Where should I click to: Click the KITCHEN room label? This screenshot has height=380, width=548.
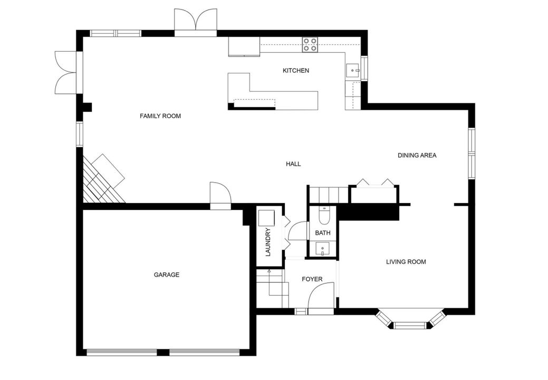295,71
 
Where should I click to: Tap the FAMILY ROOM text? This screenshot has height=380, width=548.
160,116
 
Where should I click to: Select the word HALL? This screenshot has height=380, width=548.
293,164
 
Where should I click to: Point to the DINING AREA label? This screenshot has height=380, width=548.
417,156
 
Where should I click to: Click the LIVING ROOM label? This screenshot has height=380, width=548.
406,262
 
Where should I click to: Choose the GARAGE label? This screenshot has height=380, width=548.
167,275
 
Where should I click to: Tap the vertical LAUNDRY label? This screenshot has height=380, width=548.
267,242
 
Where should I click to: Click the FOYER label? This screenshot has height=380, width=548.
312,279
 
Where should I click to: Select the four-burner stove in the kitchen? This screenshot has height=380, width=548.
310,44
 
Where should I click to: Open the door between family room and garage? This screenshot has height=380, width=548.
220,194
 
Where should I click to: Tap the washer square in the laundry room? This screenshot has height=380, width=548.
266,217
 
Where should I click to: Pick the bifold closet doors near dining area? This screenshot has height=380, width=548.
374,183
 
